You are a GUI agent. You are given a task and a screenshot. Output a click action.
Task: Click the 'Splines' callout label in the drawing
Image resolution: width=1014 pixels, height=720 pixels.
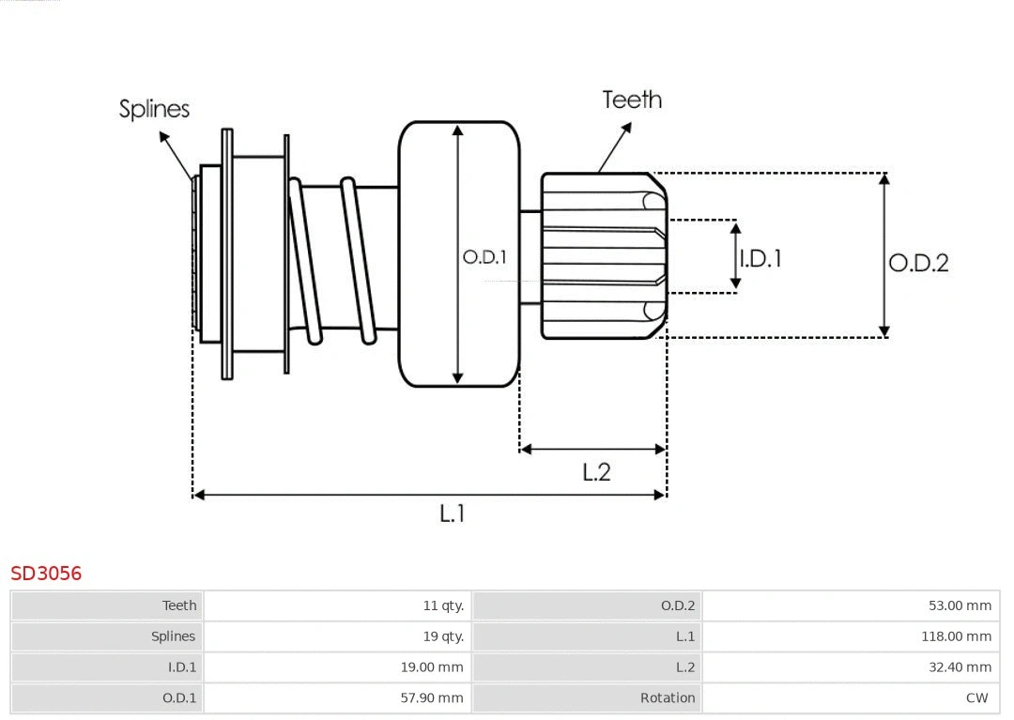[x=154, y=109]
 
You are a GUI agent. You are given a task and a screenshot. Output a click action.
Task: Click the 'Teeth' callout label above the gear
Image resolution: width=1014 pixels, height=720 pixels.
[x=632, y=100]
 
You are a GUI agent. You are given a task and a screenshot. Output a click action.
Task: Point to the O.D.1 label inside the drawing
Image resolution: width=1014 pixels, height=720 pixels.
[x=484, y=256]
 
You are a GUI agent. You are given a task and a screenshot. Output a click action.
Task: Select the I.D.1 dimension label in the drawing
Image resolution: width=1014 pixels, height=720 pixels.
[x=760, y=258]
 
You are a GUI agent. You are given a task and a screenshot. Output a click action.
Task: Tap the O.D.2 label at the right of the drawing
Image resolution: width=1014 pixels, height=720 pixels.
[x=918, y=263]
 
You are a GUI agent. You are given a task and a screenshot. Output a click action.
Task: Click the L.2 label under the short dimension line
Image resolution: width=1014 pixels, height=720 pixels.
[x=596, y=471]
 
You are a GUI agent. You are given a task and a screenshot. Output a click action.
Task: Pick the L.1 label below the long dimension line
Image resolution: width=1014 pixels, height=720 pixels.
[x=453, y=513]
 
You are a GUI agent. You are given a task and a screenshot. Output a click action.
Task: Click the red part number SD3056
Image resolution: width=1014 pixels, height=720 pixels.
[x=46, y=573]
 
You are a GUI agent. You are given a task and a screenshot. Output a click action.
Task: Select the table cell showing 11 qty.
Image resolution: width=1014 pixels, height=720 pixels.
[x=443, y=605]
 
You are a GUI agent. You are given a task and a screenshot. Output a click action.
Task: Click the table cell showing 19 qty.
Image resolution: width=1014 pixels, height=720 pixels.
[x=443, y=636]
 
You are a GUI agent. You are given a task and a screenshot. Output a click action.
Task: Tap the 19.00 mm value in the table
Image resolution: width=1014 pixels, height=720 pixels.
[x=432, y=667]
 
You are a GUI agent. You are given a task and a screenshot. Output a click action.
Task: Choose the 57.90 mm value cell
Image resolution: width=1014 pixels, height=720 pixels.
[x=432, y=697]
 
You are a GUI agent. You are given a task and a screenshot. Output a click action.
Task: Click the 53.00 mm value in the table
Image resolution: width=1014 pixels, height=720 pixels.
[x=960, y=605]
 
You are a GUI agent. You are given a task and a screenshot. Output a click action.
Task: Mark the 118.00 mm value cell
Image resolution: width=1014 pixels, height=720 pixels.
[x=956, y=636]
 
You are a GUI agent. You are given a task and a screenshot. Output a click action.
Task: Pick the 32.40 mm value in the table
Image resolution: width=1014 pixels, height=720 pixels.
[x=960, y=667]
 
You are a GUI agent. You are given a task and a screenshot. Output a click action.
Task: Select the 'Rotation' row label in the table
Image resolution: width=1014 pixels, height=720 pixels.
[x=668, y=697]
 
